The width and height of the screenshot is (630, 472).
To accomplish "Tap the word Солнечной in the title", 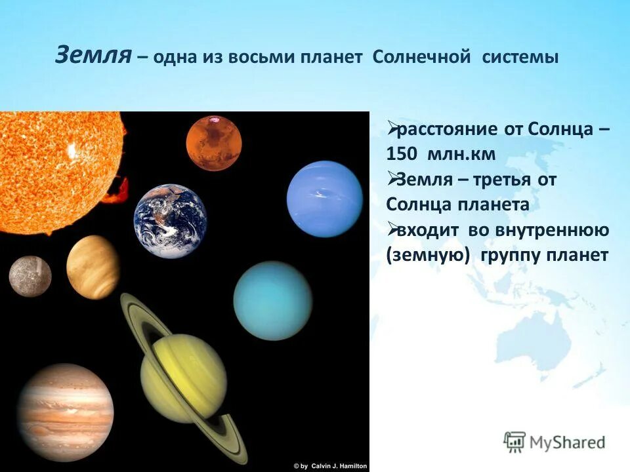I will [x=421, y=56].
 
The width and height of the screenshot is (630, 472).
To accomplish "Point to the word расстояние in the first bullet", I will [x=448, y=129].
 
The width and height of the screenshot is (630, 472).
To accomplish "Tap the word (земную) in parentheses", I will [x=430, y=255].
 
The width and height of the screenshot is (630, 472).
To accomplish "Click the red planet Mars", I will [x=213, y=142].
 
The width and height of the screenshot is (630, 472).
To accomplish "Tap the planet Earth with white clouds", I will [x=171, y=221].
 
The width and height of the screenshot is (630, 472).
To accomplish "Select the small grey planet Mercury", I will [x=30, y=276].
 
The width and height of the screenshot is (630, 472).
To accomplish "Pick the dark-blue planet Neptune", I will [x=324, y=199].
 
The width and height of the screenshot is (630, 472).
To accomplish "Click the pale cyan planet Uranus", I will [x=273, y=300].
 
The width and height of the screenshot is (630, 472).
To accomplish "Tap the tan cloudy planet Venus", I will [x=93, y=267].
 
